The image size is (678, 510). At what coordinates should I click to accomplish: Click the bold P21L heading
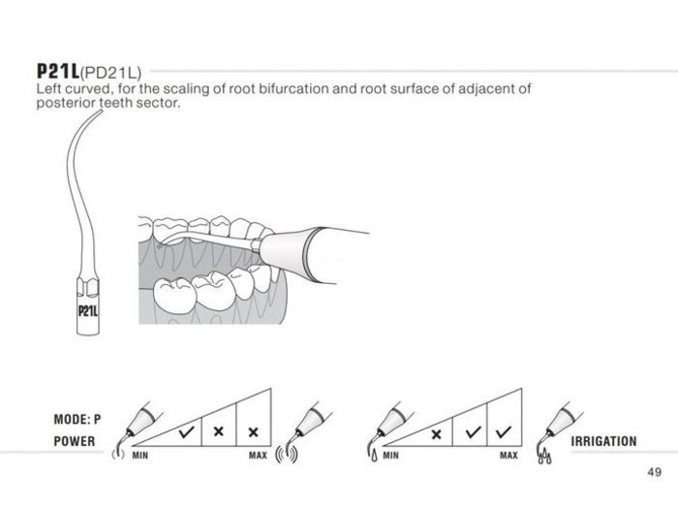58,71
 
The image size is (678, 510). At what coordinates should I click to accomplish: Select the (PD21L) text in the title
110,73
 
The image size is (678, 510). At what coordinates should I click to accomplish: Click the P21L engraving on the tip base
88,311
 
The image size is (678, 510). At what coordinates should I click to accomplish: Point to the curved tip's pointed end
102,111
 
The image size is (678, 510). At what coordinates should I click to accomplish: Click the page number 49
654,471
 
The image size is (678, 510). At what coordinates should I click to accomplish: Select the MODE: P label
77,419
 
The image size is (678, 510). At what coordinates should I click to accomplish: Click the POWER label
75,441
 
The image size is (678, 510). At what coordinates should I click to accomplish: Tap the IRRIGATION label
603,441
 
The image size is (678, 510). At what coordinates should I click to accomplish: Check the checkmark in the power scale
186,431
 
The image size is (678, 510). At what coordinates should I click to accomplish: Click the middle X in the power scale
219,431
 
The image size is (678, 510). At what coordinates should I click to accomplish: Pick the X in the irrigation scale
436,433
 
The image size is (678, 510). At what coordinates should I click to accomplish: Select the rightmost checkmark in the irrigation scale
504,431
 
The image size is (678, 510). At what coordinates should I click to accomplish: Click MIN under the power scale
140,456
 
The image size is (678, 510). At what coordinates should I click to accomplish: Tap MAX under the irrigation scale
508,456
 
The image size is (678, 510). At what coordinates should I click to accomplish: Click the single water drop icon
374,456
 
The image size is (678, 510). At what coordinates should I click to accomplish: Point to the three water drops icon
544,457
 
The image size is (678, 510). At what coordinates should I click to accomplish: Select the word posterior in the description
66,103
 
